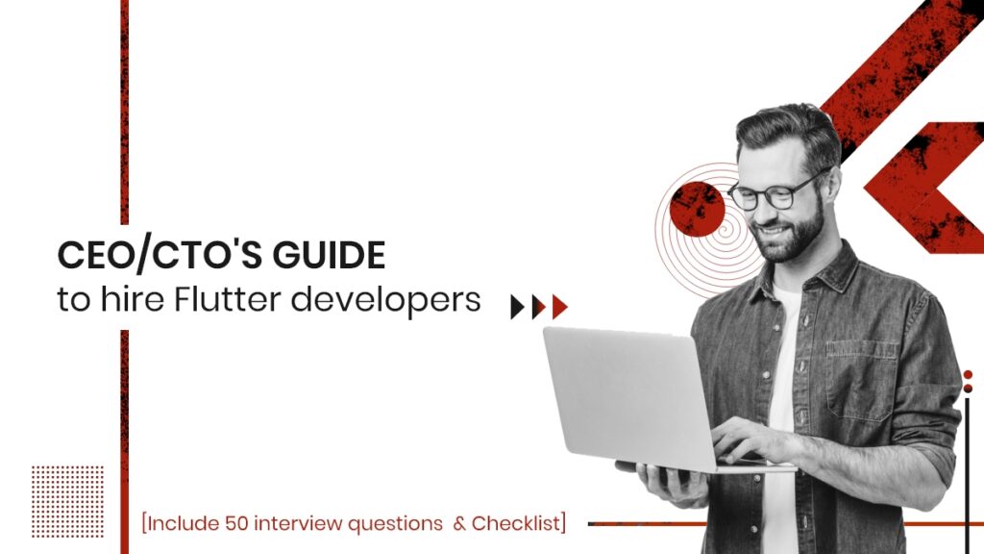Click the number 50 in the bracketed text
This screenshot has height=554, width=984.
pyautogui.click(x=237, y=524)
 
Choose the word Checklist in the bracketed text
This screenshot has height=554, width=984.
pyautogui.click(x=519, y=524)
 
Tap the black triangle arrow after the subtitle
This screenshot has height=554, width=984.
pyautogui.click(x=517, y=307)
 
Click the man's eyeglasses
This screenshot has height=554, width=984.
pyautogui.click(x=775, y=193)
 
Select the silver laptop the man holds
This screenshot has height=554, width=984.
pyautogui.click(x=625, y=394)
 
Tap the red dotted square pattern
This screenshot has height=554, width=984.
pyautogui.click(x=67, y=500)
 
